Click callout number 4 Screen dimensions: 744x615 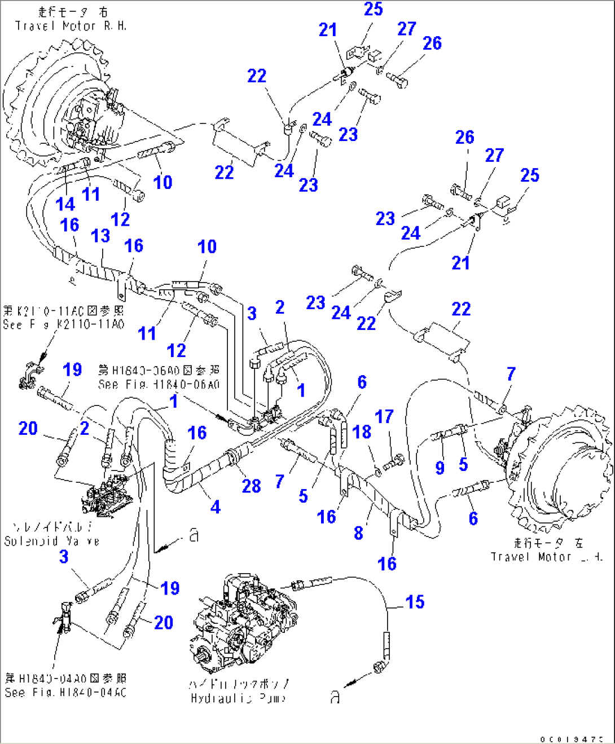click(x=216, y=507)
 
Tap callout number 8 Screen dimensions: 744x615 click(x=358, y=532)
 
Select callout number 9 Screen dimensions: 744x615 click(x=440, y=467)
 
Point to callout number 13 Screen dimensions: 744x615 click(x=100, y=236)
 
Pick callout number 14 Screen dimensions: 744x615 click(x=65, y=204)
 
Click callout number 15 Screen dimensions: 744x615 click(x=415, y=602)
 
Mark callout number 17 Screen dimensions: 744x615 click(x=384, y=417)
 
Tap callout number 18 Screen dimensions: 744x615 click(x=362, y=432)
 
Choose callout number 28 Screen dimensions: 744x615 click(x=251, y=486)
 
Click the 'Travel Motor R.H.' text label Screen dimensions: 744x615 click(x=71, y=26)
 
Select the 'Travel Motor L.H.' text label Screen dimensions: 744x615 click(x=546, y=557)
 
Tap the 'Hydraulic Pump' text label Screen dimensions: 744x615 click(x=238, y=698)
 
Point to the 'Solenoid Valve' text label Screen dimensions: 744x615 click(x=51, y=540)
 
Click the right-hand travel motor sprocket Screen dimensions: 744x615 click(x=56, y=107)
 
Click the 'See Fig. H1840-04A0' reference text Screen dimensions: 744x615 click(x=65, y=692)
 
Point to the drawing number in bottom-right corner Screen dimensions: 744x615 click(x=571, y=738)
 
